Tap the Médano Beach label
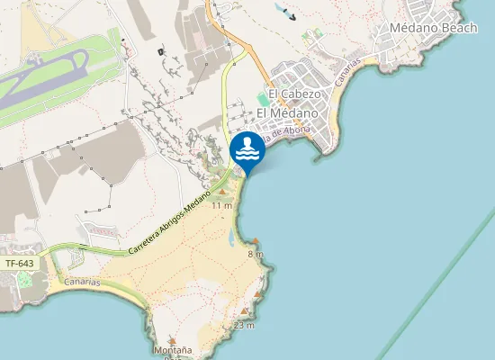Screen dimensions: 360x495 [433, 28]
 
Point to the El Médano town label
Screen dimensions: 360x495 [287, 113]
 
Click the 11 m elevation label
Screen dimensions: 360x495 [222, 206]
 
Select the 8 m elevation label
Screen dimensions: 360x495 [256, 255]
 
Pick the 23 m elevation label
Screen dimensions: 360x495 [244, 325]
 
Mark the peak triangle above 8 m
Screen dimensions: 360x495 [256, 241]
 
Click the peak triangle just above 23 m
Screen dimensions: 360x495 [239, 312]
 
